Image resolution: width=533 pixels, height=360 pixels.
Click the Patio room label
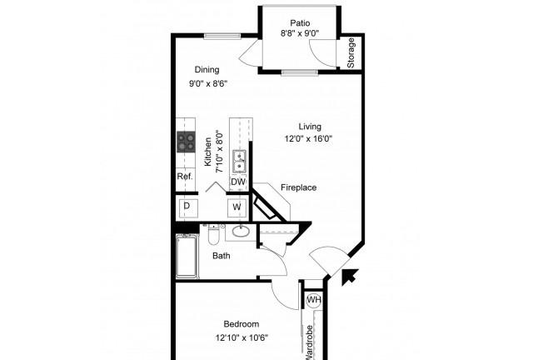[300, 23]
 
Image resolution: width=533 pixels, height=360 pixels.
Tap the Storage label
[351, 52]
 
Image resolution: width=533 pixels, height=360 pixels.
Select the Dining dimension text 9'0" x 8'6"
[208, 83]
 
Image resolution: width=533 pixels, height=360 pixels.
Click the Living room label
[310, 127]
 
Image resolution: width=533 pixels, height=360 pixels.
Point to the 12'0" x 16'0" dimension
[308, 138]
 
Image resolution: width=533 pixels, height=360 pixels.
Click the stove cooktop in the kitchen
[186, 142]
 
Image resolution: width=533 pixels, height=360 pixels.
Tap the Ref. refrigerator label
[185, 177]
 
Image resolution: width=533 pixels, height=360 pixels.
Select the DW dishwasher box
[238, 182]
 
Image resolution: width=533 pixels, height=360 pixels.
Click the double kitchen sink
[239, 162]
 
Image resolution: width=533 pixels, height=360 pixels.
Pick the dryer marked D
[189, 208]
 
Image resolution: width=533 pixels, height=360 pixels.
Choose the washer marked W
[237, 207]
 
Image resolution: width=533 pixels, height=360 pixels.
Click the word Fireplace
[298, 187]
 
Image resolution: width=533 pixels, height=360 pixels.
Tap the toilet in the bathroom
[214, 234]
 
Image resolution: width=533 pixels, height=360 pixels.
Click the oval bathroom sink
[241, 232]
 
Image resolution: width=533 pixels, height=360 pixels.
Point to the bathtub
[187, 256]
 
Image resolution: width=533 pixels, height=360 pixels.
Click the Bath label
[222, 256]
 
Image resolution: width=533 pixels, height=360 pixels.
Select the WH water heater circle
[313, 300]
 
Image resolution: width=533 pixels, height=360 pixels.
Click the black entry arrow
[350, 276]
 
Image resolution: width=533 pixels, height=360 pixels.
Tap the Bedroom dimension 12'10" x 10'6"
[242, 337]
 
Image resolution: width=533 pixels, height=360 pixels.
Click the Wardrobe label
[309, 342]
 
